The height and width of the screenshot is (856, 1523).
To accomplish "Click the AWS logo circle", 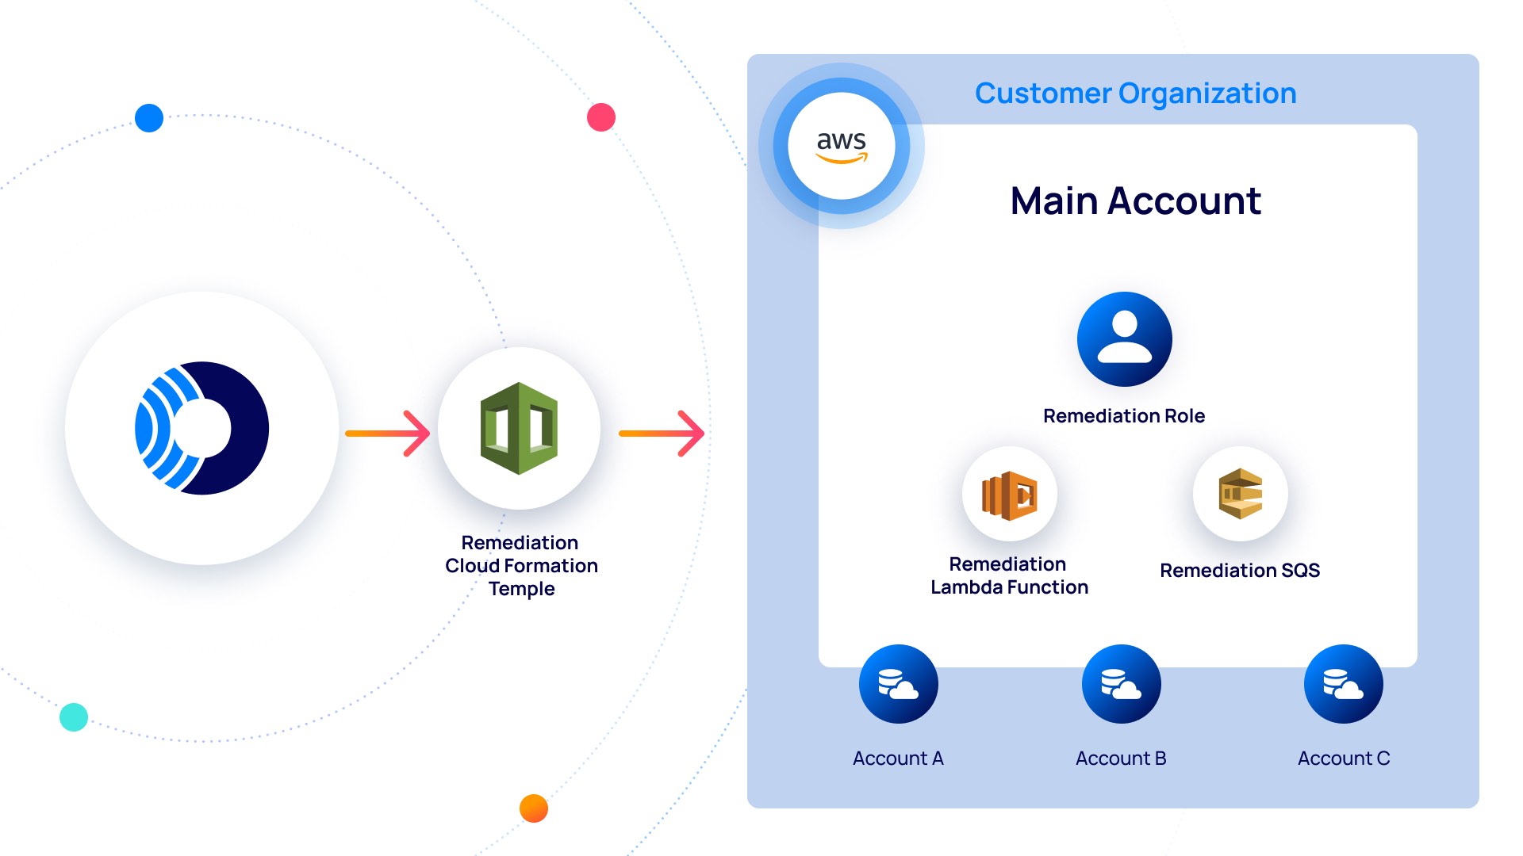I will click(842, 146).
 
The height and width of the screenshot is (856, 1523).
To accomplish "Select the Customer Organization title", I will click(1135, 94).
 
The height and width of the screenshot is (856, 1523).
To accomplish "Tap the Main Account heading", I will click(1135, 201).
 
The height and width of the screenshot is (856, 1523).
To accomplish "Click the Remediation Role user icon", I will click(1124, 339).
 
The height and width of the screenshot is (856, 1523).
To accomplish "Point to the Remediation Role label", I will click(1123, 416).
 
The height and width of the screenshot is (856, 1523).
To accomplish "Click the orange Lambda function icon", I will click(1009, 495).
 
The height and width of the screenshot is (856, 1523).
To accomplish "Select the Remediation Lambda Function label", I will click(1009, 575).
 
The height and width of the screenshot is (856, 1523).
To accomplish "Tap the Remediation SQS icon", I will click(1240, 494).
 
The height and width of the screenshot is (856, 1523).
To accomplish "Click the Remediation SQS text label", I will click(1239, 571).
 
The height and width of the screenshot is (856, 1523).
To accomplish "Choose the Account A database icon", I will click(898, 684).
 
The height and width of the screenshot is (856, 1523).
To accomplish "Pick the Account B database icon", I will click(1121, 684).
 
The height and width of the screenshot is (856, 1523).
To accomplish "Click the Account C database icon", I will click(1343, 684).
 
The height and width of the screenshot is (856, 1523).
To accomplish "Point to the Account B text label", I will click(1120, 759).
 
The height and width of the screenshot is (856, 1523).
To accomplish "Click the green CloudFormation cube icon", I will click(520, 429).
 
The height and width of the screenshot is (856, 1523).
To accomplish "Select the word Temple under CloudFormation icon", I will click(521, 589).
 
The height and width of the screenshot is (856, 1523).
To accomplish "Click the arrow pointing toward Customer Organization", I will click(662, 434).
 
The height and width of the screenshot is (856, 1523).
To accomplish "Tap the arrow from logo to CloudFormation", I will click(387, 434).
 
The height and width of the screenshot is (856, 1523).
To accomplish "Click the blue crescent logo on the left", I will click(202, 429).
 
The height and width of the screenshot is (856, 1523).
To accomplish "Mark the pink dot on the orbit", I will click(601, 117).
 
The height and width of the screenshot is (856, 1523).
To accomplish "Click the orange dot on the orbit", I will click(534, 808).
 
